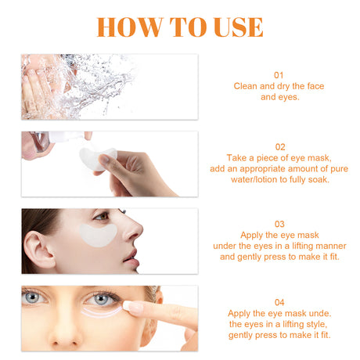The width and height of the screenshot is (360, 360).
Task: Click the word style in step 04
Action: pos(312,323)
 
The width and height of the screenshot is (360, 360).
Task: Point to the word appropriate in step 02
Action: pos(255,168)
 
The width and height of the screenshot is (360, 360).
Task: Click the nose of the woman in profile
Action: pos(135,229)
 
